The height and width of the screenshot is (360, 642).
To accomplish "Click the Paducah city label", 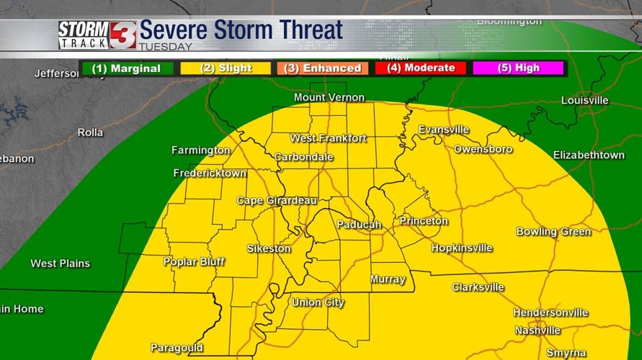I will pyautogui.click(x=359, y=225).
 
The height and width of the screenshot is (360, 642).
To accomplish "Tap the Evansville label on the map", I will pyautogui.click(x=444, y=130).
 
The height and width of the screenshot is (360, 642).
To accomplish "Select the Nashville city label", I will pyautogui.click(x=538, y=330).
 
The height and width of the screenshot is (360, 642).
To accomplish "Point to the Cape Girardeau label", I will pyautogui.click(x=277, y=201).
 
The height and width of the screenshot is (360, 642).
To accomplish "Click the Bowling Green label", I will pyautogui.click(x=553, y=231).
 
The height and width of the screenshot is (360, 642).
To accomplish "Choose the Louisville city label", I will pyautogui.click(x=584, y=101).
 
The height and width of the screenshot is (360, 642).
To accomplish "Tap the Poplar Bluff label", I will pyautogui.click(x=194, y=262).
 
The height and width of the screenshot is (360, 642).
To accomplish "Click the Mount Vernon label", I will pyautogui.click(x=329, y=97).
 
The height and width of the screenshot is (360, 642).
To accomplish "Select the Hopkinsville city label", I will pyautogui.click(x=462, y=248).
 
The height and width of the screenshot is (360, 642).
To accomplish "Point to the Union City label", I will pyautogui.click(x=318, y=302).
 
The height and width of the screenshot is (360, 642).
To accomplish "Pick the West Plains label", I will pyautogui.click(x=60, y=264).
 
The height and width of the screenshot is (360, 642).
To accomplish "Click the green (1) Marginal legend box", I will pyautogui.click(x=126, y=68).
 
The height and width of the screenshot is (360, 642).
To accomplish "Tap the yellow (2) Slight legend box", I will pyautogui.click(x=226, y=68).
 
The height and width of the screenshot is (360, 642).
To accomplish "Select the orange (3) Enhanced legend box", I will pyautogui.click(x=323, y=68).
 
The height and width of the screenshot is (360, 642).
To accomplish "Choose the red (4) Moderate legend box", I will pyautogui.click(x=421, y=68).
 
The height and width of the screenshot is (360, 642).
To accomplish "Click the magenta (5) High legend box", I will pyautogui.click(x=516, y=68).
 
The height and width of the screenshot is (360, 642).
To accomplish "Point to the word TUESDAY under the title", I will pyautogui.click(x=165, y=48).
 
